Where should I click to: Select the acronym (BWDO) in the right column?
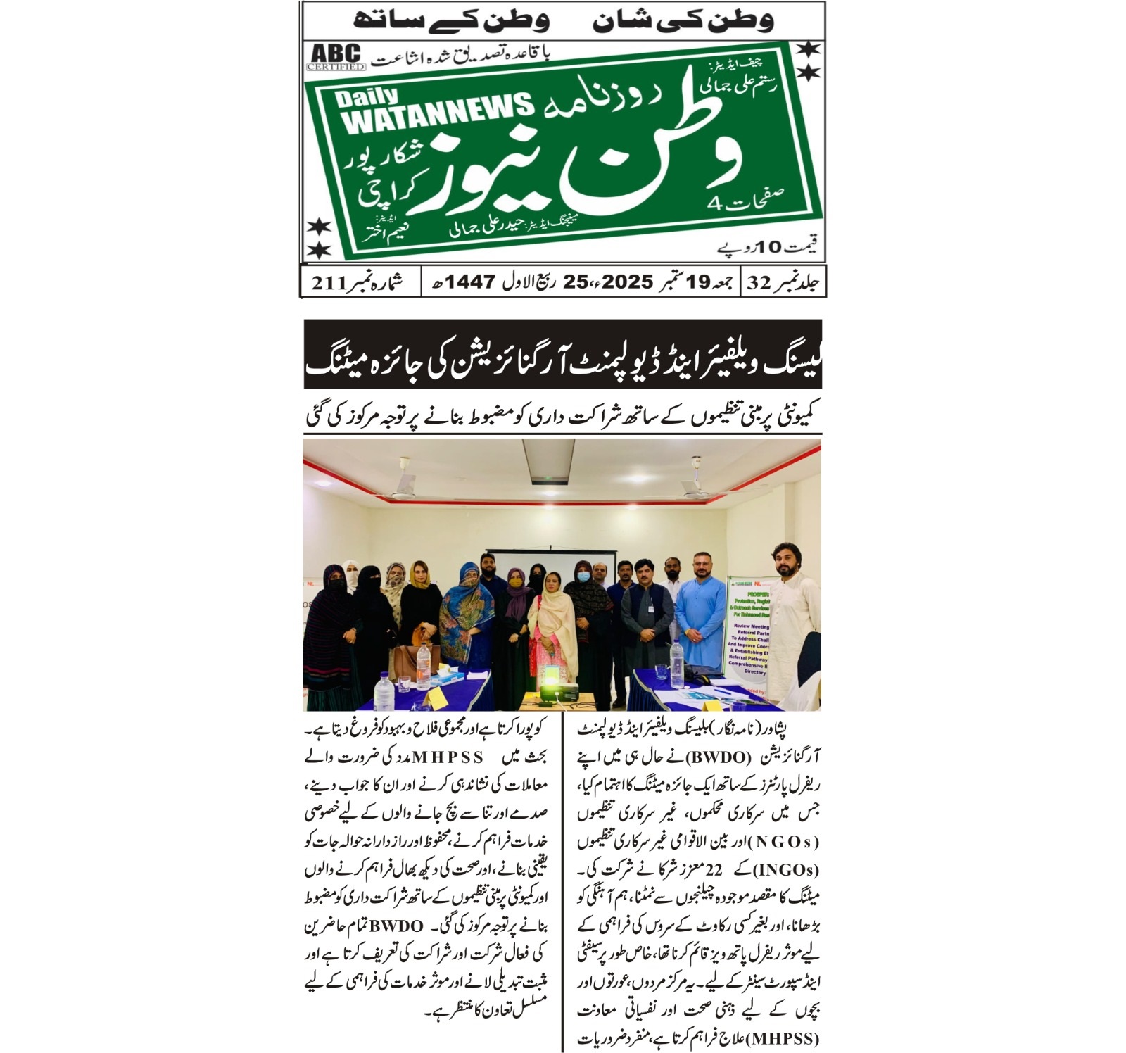click(x=718, y=758)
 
